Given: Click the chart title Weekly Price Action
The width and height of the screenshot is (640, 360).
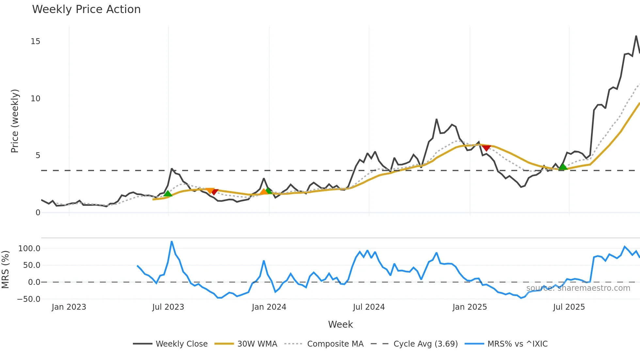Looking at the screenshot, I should click(x=86, y=9).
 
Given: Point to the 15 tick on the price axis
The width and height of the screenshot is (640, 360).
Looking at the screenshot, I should click(x=35, y=41).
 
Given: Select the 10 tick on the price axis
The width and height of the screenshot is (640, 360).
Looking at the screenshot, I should click(x=35, y=99).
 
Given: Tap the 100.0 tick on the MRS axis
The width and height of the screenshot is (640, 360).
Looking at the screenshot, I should click(x=29, y=249).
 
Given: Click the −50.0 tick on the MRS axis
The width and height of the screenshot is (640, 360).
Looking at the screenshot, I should click(x=28, y=299).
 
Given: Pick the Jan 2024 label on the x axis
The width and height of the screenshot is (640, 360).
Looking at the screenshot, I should click(x=269, y=307).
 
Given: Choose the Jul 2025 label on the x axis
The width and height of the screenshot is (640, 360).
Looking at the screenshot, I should click(x=569, y=307).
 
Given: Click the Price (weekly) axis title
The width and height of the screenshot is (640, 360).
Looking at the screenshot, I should click(x=15, y=121).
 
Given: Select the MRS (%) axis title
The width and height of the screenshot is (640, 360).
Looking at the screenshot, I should click(x=6, y=270).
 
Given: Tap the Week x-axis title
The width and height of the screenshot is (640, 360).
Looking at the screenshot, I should click(x=340, y=324).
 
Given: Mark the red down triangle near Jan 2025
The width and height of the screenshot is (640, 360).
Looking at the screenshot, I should click(x=486, y=148).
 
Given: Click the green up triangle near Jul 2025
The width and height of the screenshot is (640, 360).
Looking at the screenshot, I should click(x=563, y=167).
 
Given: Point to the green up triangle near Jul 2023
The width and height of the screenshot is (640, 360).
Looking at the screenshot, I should click(x=168, y=194).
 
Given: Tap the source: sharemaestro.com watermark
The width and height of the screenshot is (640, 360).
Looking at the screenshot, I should click(x=578, y=288).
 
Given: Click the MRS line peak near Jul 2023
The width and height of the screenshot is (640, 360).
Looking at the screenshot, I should click(x=172, y=242).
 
